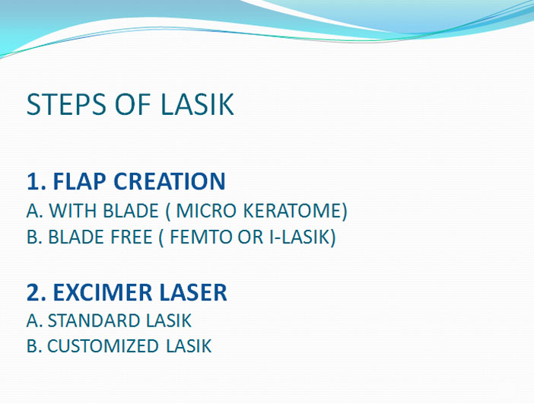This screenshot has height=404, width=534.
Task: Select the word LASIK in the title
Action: (x=197, y=104)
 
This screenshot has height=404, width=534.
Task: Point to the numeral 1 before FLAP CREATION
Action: (x=32, y=181)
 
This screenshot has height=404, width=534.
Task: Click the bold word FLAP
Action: (x=80, y=181)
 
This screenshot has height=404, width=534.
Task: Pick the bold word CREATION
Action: (x=170, y=181)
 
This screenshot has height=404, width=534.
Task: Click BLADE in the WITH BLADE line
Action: (x=131, y=211)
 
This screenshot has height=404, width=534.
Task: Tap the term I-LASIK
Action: (x=300, y=237)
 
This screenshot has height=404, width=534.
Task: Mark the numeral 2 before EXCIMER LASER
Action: (x=32, y=293)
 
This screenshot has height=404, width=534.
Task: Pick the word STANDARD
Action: (x=93, y=320)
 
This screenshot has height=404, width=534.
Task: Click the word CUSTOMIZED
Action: (x=103, y=346)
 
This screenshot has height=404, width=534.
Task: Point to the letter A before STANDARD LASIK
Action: (x=33, y=320)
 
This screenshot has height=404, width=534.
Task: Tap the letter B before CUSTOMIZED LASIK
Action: (x=32, y=346)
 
